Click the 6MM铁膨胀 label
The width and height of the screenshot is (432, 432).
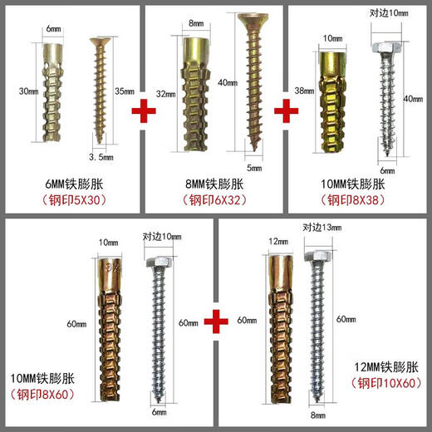pyautogui.click(x=72, y=180)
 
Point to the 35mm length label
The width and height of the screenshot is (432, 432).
pyautogui.click(x=125, y=91)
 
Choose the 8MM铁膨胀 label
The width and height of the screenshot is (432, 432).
pyautogui.click(x=214, y=180)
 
